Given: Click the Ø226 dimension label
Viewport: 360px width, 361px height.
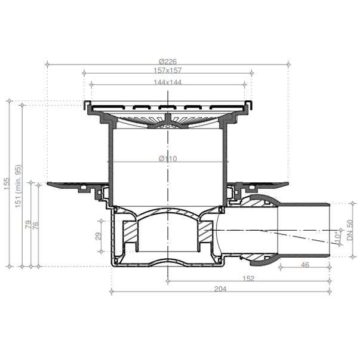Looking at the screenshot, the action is click(168, 62).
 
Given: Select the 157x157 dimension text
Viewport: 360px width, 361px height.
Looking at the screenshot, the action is click(168, 70).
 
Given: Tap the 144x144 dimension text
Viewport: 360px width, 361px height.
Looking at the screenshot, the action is click(168, 82).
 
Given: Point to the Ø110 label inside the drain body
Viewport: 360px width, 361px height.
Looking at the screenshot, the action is click(168, 158).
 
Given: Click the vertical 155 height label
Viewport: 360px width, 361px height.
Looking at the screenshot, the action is click(7, 183).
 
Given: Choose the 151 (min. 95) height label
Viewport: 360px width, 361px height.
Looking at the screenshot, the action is click(18, 186).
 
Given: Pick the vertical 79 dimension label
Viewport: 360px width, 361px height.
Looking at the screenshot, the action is click(28, 224).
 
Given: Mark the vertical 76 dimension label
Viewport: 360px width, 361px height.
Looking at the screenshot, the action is click(36, 225).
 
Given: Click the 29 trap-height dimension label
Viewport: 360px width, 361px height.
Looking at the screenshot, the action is click(99, 236).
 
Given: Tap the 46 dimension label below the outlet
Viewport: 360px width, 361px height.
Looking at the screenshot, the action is click(305, 265).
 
